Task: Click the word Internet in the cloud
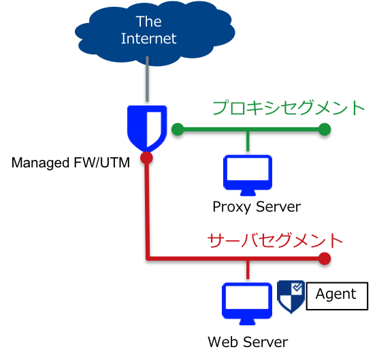tap(148, 39)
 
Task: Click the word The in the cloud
tap(149, 21)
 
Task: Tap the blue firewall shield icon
tap(147, 129)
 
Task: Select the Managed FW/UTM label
tap(71, 163)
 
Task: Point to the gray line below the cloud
tap(147, 79)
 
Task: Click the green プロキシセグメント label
tap(289, 108)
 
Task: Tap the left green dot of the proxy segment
tap(178, 129)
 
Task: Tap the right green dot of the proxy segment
tap(325, 129)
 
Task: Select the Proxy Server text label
tap(257, 207)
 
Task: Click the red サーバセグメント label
tap(275, 240)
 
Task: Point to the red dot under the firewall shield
tap(146, 158)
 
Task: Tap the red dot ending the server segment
tap(325, 259)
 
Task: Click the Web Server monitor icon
tap(247, 304)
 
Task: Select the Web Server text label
tap(248, 342)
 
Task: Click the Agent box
tap(337, 296)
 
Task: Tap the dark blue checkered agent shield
tap(291, 297)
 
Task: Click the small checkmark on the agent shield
tap(297, 287)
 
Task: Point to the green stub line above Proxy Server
tap(248, 142)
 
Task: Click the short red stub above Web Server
tap(248, 269)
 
